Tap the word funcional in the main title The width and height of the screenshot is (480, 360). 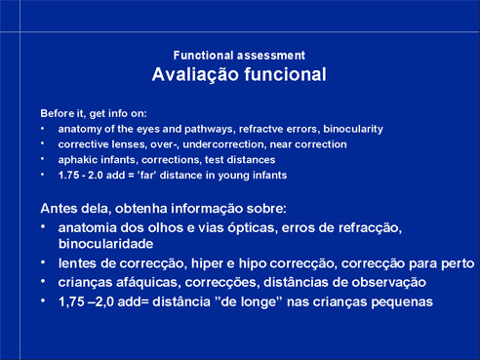click(285, 74)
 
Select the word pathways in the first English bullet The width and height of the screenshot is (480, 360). click(209, 129)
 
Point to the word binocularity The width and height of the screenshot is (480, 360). click(353, 129)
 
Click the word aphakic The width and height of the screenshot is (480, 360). click(78, 160)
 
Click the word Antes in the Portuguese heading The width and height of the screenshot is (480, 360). click(59, 209)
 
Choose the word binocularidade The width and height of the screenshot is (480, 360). click(105, 244)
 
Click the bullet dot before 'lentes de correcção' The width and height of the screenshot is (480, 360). click(43, 262)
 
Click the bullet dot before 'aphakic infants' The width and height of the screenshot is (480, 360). click(43, 159)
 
